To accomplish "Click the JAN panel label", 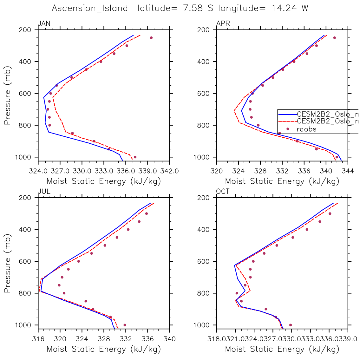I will tap(44, 23).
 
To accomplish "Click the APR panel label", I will tap(223, 23).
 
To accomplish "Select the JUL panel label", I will tap(44, 191).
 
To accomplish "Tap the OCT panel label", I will tap(223, 191).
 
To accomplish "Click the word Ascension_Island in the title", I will tap(90, 8).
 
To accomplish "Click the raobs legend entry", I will tap(306, 129).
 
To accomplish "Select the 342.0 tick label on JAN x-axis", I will tap(170, 171).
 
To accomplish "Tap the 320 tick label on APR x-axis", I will tap(217, 171).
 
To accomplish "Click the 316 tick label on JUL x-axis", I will tap(38, 339).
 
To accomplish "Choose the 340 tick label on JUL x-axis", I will tap(170, 339).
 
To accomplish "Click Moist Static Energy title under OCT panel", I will tap(282, 349).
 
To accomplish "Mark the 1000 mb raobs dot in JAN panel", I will tap(135, 157).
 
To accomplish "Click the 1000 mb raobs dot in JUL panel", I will tap(125, 325).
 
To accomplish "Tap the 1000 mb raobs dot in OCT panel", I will tap(291, 325).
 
